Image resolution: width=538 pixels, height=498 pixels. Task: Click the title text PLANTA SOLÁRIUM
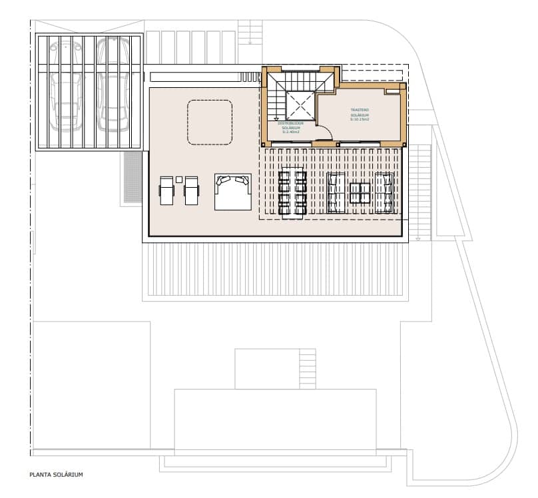point(56,475)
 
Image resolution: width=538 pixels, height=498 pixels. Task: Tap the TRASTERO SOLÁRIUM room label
point(360,115)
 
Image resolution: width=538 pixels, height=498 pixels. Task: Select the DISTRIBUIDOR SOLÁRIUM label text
point(290,127)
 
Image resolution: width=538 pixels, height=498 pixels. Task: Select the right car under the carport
point(110,85)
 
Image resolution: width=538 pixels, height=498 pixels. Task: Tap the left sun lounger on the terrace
point(166,190)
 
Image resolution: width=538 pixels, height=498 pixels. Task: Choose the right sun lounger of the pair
point(191,190)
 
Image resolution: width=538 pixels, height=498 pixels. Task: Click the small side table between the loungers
point(179,178)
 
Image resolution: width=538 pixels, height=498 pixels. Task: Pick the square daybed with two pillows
point(232,192)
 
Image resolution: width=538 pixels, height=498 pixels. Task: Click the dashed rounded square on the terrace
point(210,122)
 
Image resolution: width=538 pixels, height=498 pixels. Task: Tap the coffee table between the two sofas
point(360,193)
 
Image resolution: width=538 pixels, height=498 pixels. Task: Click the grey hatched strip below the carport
point(133,176)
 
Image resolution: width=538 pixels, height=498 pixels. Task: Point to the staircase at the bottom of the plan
point(307,369)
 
